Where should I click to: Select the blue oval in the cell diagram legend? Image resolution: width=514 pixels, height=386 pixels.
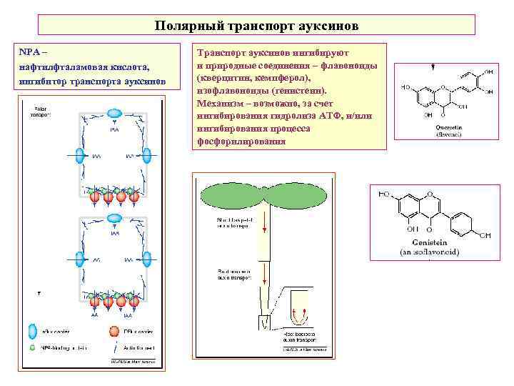pyautogui.click(x=33, y=332)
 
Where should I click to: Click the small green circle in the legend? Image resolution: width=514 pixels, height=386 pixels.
pyautogui.click(x=33, y=347)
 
